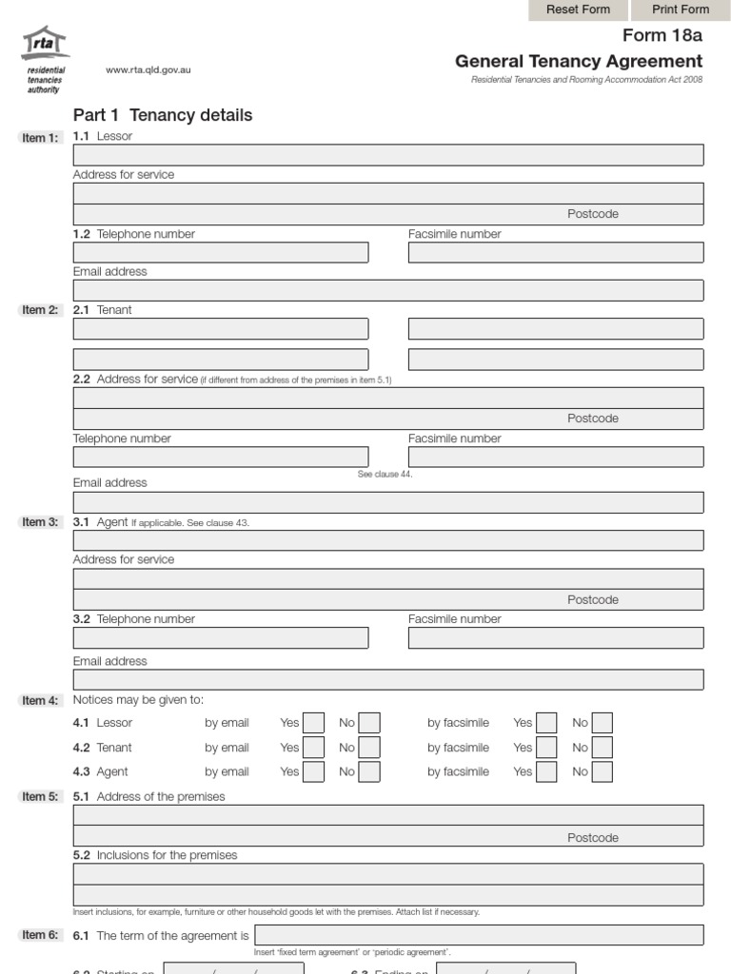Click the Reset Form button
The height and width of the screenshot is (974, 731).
click(x=578, y=10)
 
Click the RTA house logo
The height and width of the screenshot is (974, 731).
click(x=45, y=45)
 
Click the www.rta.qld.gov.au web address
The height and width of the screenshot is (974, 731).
click(x=148, y=70)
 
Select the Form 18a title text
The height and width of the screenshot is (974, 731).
click(x=662, y=36)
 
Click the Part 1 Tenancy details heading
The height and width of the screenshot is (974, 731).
click(x=163, y=115)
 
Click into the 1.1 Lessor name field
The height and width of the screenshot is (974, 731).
click(x=388, y=155)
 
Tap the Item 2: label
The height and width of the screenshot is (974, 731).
click(x=40, y=310)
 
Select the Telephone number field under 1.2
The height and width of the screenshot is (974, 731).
click(x=221, y=252)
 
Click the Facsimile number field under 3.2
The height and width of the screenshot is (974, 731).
click(x=556, y=637)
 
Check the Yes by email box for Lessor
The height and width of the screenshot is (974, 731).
click(x=313, y=723)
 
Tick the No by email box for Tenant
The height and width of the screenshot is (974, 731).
click(x=369, y=748)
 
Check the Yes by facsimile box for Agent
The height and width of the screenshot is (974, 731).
click(x=546, y=771)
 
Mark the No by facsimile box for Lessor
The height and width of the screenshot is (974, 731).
click(x=602, y=723)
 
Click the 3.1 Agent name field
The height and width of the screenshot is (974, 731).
click(x=388, y=540)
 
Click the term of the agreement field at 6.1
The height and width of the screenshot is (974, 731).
click(x=479, y=935)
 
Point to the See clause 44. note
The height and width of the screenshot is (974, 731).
click(x=385, y=474)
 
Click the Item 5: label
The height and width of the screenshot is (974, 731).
click(x=40, y=797)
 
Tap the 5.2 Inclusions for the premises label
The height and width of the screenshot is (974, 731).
click(x=155, y=855)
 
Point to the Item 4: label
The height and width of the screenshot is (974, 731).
click(x=40, y=701)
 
